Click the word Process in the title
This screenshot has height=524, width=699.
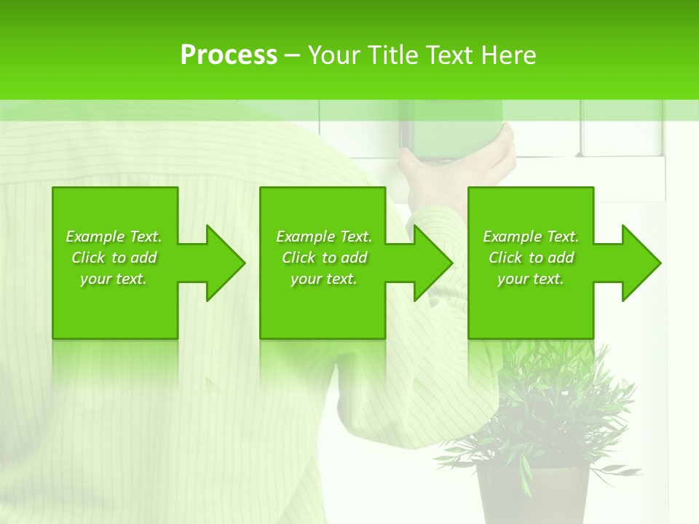tap(229, 55)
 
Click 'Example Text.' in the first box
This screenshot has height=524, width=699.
tap(114, 237)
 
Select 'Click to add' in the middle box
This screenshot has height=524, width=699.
tap(324, 258)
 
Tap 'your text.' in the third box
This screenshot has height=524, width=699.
tap(530, 279)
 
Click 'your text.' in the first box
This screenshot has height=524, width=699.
tap(114, 279)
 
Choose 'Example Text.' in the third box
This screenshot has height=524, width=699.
tap(531, 237)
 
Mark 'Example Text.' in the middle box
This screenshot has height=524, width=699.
tap(324, 237)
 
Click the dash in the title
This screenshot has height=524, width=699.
tap(292, 56)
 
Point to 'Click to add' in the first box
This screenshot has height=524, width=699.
tap(114, 258)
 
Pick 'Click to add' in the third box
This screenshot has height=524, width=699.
tap(531, 258)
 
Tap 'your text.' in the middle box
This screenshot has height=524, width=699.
tap(324, 279)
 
